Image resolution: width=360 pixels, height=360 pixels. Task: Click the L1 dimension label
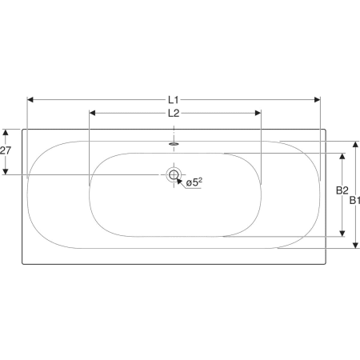[173, 100]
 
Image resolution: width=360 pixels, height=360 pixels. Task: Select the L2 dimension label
[174, 114]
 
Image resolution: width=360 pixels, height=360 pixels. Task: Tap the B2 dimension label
[342, 190]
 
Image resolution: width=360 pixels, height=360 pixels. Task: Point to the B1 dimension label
[354, 200]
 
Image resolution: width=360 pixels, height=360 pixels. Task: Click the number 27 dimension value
[6, 150]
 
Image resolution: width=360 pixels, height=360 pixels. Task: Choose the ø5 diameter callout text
[194, 182]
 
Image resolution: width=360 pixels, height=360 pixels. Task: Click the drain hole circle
[174, 174]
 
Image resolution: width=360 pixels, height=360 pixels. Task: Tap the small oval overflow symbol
[174, 144]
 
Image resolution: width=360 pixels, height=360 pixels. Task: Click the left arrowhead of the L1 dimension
[30, 100]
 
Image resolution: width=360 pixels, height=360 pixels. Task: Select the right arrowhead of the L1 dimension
[317, 100]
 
